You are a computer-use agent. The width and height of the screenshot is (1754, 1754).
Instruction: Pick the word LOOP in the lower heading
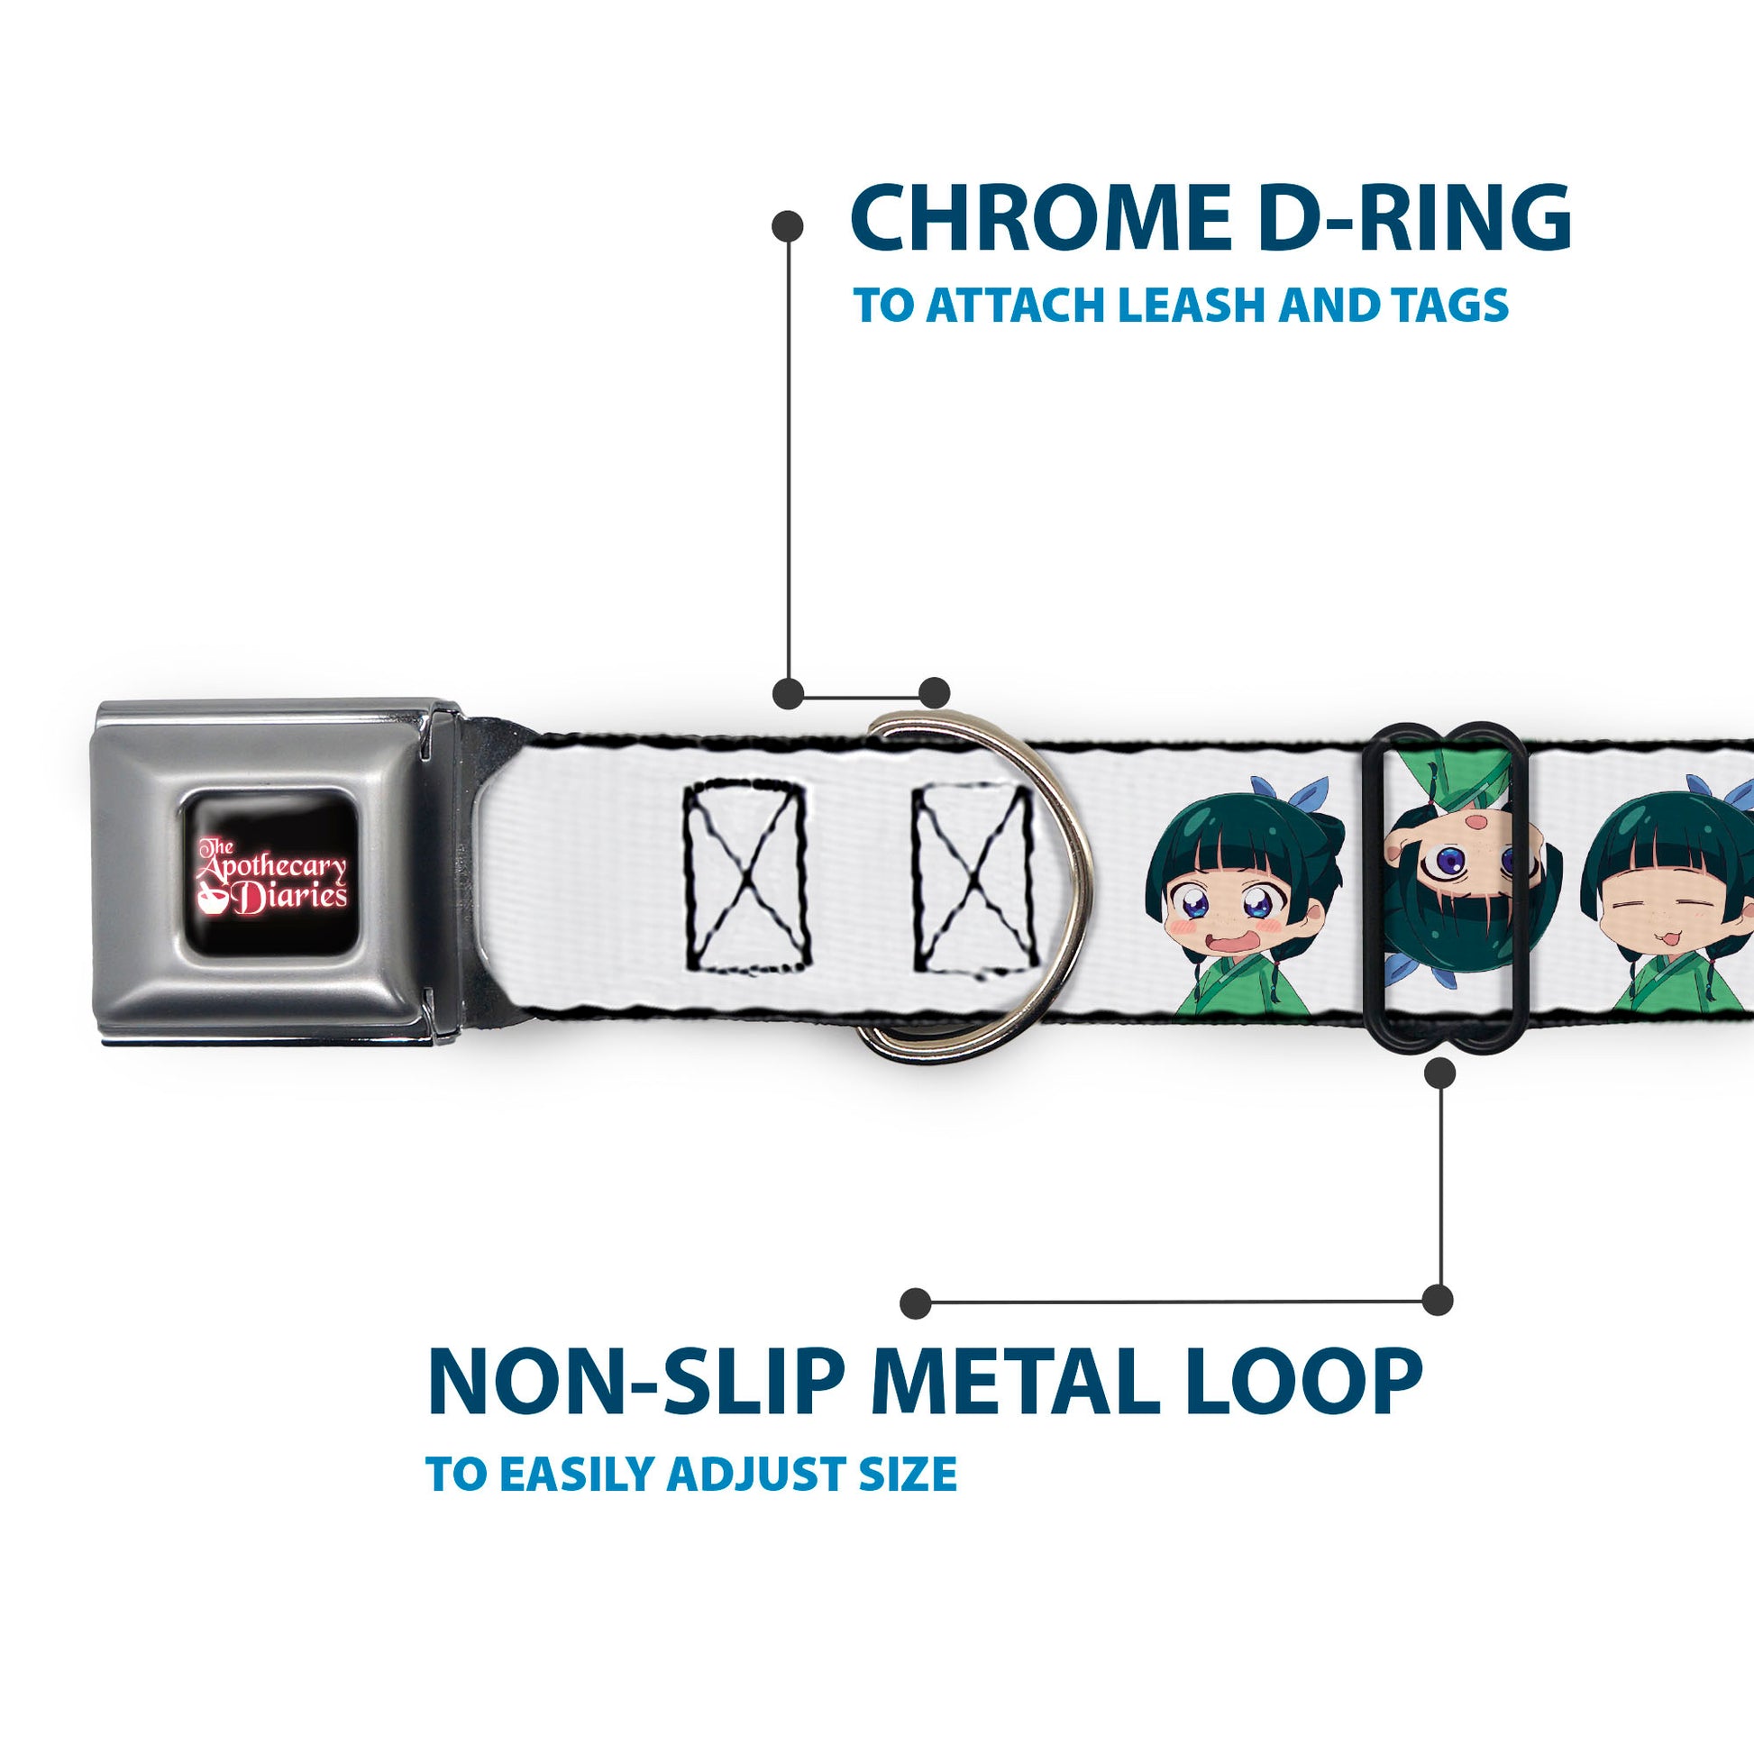click(x=1301, y=1382)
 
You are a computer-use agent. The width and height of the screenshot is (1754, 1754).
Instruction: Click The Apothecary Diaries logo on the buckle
click(x=272, y=872)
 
